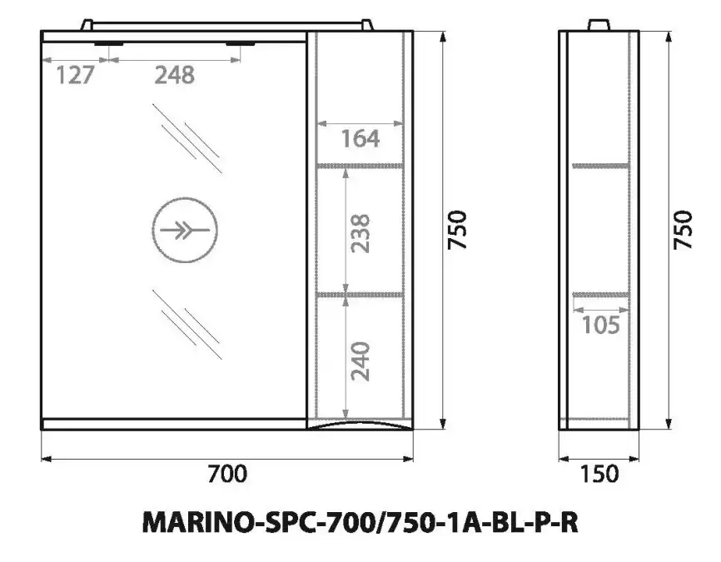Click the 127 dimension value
[75, 75]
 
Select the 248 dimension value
[174, 75]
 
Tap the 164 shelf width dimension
[360, 138]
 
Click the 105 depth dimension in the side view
[600, 325]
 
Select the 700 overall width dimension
[226, 474]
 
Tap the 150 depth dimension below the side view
[599, 474]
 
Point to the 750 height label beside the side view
[683, 231]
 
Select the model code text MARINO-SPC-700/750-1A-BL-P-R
[360, 523]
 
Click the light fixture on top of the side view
[599, 25]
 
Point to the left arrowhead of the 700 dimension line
[46, 457]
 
